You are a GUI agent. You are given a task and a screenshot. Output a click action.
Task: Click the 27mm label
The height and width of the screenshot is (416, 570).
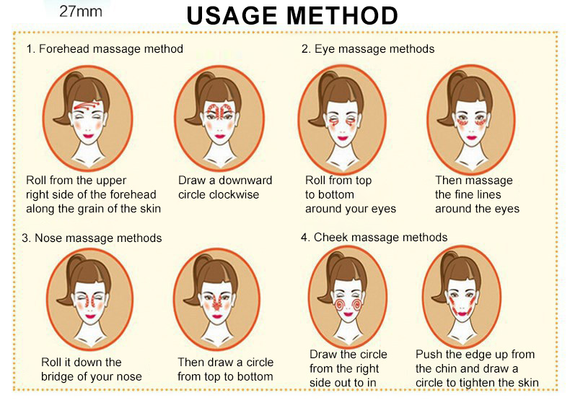[81, 12]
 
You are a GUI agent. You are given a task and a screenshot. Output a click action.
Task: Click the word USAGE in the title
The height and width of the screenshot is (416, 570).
[232, 15]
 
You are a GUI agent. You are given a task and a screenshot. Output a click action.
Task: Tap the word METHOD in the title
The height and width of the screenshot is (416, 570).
[342, 15]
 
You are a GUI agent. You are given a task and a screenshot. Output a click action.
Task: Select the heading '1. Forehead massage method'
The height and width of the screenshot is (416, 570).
[105, 49]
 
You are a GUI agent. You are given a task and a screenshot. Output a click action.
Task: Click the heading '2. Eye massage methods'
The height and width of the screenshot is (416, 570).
[368, 49]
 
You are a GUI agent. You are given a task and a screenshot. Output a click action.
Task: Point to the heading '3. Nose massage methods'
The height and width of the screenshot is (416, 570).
[92, 238]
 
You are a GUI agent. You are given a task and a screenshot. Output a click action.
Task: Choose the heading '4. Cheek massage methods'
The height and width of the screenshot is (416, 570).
[374, 238]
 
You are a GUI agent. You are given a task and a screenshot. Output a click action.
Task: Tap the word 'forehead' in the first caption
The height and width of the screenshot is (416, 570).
[133, 194]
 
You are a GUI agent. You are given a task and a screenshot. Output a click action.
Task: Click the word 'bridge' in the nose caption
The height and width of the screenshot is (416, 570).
[59, 377]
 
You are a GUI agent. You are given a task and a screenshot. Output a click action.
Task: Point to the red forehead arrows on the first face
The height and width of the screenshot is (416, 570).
[87, 106]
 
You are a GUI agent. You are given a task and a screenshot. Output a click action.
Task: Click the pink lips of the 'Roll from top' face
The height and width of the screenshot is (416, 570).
[343, 138]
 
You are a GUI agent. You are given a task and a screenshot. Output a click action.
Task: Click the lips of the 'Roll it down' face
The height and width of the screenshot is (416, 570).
[90, 316]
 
